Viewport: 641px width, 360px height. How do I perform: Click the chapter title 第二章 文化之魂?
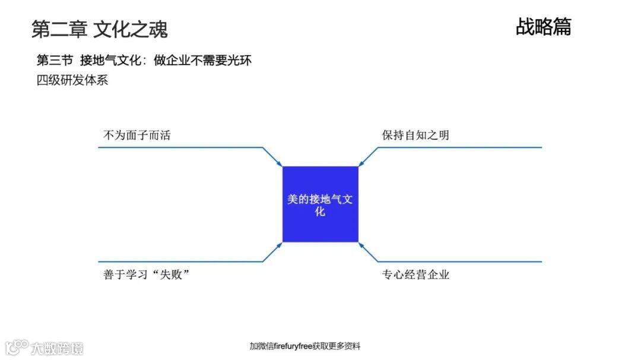(x=99, y=28)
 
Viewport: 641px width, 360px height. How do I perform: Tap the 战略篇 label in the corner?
(x=543, y=27)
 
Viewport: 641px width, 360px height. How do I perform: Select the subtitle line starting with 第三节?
(x=144, y=60)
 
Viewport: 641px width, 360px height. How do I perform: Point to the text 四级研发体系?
(x=72, y=80)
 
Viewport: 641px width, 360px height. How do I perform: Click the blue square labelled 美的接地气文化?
(x=320, y=205)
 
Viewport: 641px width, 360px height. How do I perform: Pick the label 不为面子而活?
(x=137, y=135)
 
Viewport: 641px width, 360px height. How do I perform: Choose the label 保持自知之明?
(x=415, y=135)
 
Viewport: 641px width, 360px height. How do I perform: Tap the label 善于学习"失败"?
(x=150, y=275)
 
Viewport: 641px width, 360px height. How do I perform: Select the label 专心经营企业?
(x=415, y=275)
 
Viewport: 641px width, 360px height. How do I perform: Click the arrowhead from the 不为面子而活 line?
(x=280, y=164)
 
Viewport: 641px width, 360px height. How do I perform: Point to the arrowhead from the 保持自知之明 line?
(x=361, y=164)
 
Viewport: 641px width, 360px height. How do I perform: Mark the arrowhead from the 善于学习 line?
(x=280, y=244)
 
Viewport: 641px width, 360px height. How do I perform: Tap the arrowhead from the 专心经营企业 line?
(x=361, y=244)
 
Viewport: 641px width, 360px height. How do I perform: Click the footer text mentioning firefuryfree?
(x=304, y=346)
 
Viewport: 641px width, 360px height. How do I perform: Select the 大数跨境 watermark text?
(x=57, y=348)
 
